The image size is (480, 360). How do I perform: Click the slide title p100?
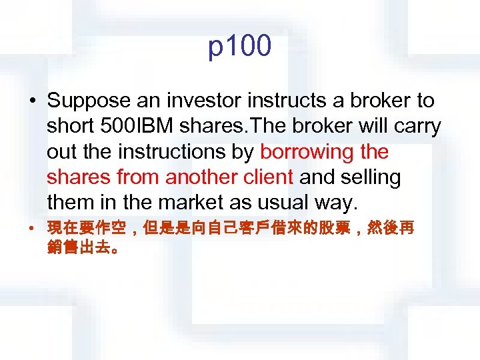point(240,47)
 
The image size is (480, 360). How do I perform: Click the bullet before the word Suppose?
point(32,102)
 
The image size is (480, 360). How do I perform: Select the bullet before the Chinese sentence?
point(32,230)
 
